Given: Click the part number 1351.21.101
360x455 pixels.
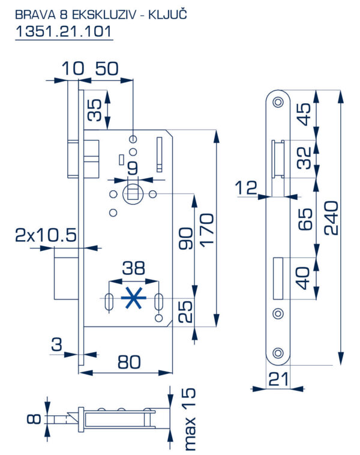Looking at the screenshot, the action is (x=64, y=31).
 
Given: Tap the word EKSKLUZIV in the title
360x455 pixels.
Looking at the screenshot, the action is (x=104, y=15).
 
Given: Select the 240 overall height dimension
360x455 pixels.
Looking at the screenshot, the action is (x=331, y=218).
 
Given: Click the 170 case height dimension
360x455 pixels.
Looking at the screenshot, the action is (x=207, y=231).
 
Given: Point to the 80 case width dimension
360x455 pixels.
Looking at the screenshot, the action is (x=129, y=362).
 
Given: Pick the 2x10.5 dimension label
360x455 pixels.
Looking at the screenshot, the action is (x=46, y=235).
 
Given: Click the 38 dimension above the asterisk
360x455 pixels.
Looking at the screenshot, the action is (x=133, y=268).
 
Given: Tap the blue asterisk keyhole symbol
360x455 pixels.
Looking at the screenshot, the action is (x=133, y=298).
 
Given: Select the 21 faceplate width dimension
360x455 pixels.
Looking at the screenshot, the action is (x=279, y=379).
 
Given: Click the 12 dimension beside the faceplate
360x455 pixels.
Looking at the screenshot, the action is (x=246, y=187).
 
